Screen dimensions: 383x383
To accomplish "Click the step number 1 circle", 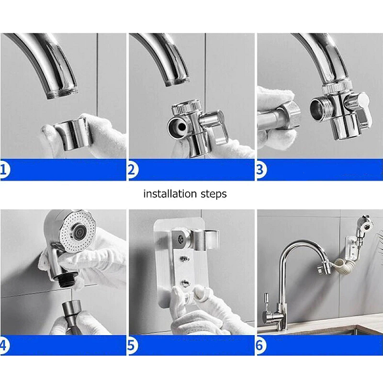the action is (4, 170).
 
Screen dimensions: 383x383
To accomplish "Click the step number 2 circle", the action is (132, 170).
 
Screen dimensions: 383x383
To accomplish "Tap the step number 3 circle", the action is (261, 170).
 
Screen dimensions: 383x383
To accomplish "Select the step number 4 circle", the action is (4, 345).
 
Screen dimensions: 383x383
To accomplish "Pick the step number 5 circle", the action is (132, 345).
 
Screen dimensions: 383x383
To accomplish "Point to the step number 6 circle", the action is (260, 345).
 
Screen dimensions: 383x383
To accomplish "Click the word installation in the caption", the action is (170, 193).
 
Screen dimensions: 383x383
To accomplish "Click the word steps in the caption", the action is (214, 194).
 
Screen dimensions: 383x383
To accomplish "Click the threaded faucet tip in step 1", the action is (62, 94).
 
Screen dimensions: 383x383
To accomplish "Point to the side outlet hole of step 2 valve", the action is (181, 126).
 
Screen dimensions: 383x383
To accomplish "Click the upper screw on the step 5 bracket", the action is (184, 258).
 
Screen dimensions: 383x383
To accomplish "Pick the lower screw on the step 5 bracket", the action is (185, 283).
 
